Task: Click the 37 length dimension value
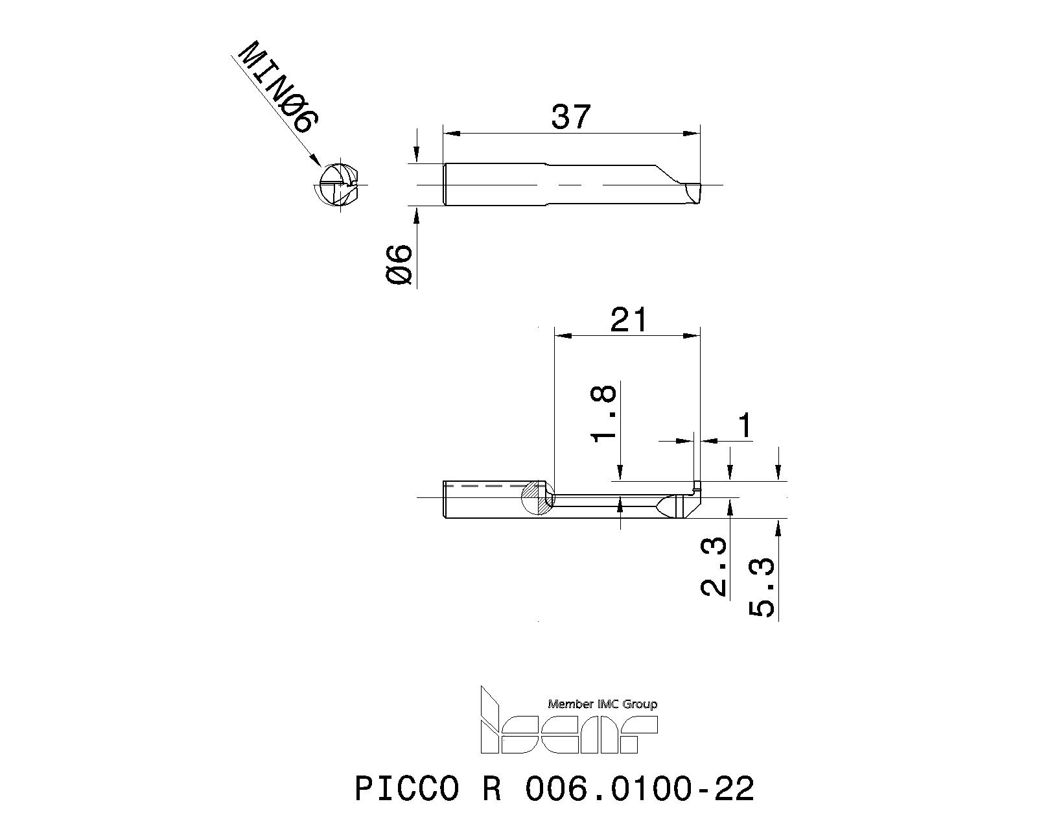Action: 571,117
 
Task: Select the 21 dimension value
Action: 628,320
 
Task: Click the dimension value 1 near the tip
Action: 745,426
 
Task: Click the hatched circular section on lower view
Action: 537,497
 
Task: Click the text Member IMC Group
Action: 602,704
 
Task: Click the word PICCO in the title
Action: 406,789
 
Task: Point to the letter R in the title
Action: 491,789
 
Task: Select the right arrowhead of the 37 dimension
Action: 693,134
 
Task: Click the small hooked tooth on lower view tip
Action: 697,485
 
